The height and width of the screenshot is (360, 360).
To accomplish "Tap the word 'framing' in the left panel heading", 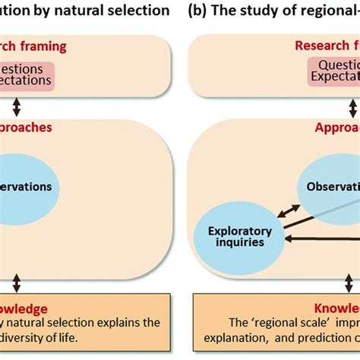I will [x=62, y=47].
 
